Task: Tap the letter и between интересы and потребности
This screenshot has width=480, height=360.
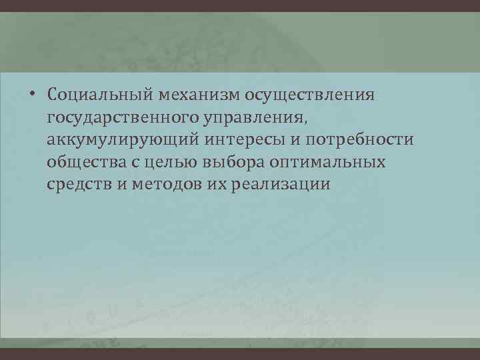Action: click(297, 140)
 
